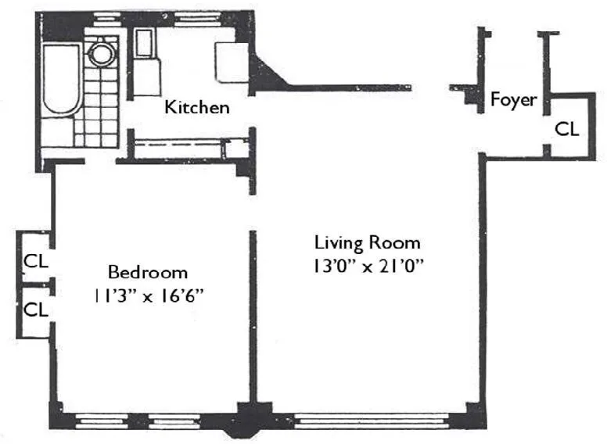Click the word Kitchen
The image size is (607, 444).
click(x=196, y=107)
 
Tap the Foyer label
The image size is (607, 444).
click(x=513, y=100)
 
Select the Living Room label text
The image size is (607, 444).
click(x=367, y=242)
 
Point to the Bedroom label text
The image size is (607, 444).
click(x=148, y=273)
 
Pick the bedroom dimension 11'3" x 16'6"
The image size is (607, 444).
click(x=148, y=296)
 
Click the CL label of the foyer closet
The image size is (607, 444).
click(x=567, y=129)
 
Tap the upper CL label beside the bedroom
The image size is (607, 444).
click(x=35, y=260)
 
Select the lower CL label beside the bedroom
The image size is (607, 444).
click(x=35, y=310)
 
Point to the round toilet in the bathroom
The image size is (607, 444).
click(x=101, y=54)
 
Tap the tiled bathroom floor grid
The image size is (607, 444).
click(x=98, y=109)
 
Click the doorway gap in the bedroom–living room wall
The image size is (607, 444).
click(x=252, y=212)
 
